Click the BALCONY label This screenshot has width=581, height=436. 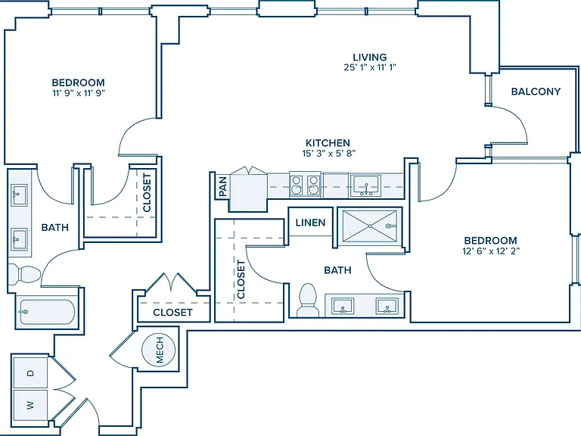tap(536, 91)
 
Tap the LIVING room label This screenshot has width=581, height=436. tap(370, 57)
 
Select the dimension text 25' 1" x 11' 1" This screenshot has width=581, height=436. tap(370, 67)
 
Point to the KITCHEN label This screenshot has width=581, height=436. tap(328, 143)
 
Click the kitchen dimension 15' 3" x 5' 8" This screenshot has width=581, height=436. tap(329, 153)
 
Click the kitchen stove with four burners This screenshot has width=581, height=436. tap(305, 185)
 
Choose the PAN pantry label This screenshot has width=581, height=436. tap(223, 186)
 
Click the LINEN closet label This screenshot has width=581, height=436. tap(310, 223)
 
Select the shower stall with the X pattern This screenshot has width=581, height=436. tap(369, 226)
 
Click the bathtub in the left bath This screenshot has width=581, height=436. tap(46, 312)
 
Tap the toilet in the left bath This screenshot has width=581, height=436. tap(24, 274)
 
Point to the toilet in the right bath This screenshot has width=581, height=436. tap(308, 301)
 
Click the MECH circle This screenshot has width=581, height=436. tap(159, 350)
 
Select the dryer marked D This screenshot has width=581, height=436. tap(30, 372)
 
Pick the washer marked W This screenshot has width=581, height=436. tap(30, 405)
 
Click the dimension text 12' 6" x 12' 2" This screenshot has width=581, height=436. tap(491, 251)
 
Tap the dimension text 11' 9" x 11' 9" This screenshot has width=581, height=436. tap(79, 93)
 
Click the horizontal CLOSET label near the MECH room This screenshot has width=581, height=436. tap(172, 313)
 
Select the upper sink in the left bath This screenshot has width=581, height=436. tap(19, 195)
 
